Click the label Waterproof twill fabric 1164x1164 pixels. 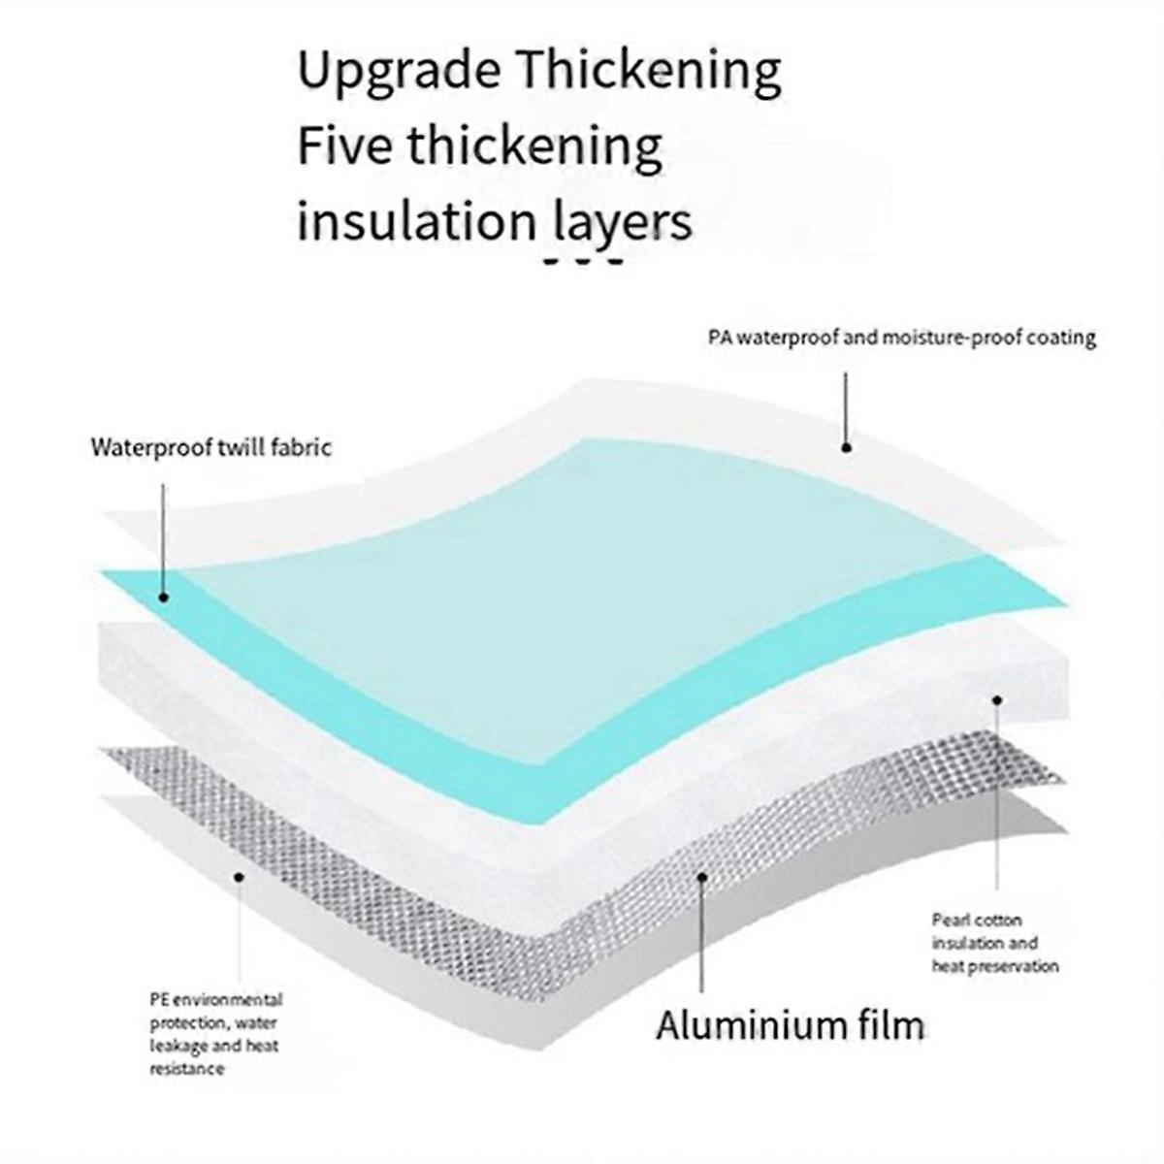(x=211, y=447)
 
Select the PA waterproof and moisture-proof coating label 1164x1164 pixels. (x=902, y=337)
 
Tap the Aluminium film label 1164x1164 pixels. (x=791, y=1025)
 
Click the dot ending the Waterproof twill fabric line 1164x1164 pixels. (x=163, y=598)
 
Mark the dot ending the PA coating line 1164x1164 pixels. (x=846, y=447)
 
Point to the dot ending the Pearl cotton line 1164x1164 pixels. (x=997, y=700)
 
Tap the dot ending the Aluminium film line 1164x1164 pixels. (x=701, y=877)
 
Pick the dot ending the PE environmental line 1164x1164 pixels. (x=240, y=877)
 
